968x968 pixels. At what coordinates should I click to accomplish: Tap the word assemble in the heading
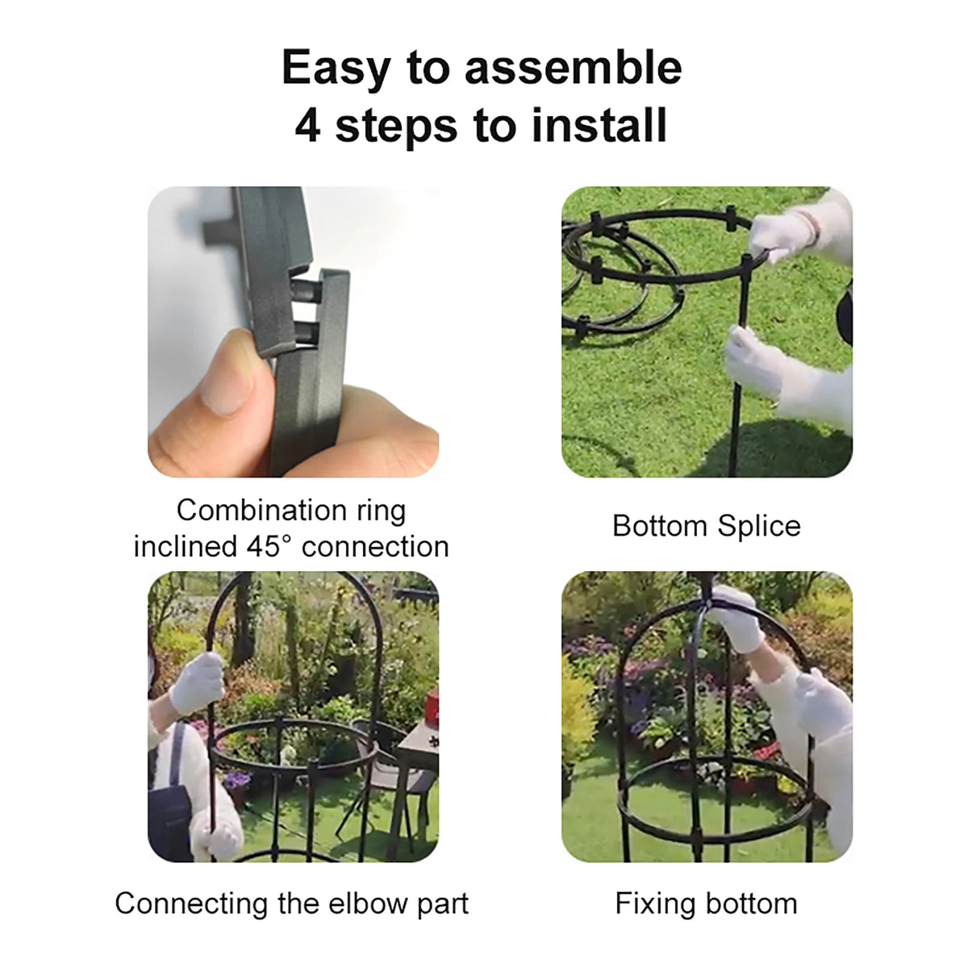[x=574, y=67]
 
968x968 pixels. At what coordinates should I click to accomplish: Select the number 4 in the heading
[x=307, y=126]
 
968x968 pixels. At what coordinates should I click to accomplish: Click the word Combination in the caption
[x=261, y=511]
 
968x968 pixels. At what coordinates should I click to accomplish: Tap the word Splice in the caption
[x=758, y=527]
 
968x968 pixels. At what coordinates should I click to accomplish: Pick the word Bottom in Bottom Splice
[x=660, y=526]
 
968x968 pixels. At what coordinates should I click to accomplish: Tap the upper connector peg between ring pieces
[x=306, y=291]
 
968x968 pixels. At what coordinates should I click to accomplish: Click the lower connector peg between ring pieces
[x=307, y=332]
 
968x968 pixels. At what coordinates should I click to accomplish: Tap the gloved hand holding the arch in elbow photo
[x=198, y=683]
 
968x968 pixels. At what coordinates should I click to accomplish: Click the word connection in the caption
[x=375, y=547]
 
